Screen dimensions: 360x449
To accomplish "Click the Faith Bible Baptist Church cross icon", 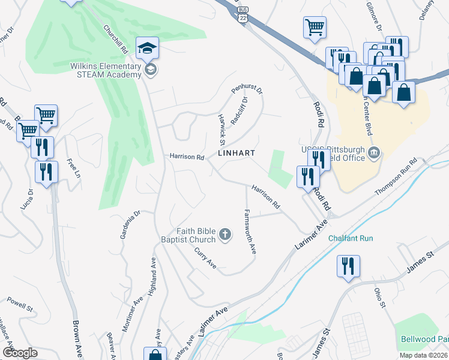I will pyautogui.click(x=225, y=234).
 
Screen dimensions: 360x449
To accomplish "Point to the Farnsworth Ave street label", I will pyautogui.click(x=250, y=231).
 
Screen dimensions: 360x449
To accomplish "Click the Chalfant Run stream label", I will pyautogui.click(x=351, y=238).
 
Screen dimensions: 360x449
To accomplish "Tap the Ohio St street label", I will pyautogui.click(x=379, y=298).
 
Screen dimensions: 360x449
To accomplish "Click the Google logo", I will pyautogui.click(x=20, y=352).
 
